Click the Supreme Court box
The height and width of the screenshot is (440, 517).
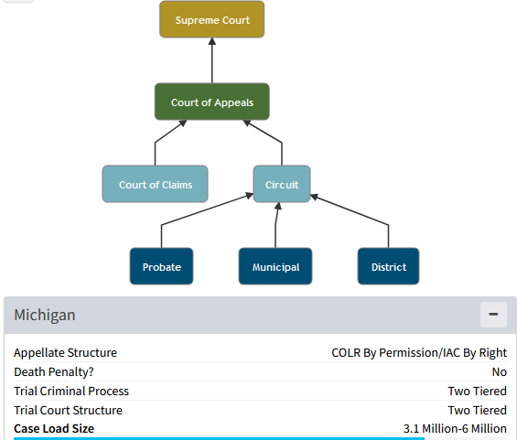(211, 19)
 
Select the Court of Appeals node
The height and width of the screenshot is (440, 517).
(212, 102)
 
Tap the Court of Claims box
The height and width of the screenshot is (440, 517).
(155, 184)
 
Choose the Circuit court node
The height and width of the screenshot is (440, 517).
(282, 184)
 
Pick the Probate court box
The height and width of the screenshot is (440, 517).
(162, 266)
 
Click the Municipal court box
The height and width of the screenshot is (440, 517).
(275, 266)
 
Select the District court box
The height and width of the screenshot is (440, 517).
(388, 266)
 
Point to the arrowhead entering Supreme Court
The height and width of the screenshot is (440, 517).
(212, 41)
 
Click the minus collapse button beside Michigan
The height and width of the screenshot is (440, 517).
(493, 315)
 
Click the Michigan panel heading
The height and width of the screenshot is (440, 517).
(45, 315)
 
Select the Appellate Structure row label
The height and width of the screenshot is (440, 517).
(65, 353)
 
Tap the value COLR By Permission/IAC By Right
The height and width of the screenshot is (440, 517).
(419, 353)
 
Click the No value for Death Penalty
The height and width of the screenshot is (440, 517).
(500, 371)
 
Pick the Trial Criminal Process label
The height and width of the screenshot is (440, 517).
(71, 391)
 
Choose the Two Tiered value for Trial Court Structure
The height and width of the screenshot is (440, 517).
(477, 410)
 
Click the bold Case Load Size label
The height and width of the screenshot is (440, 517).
(54, 428)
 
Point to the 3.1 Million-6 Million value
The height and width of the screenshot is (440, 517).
(455, 428)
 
